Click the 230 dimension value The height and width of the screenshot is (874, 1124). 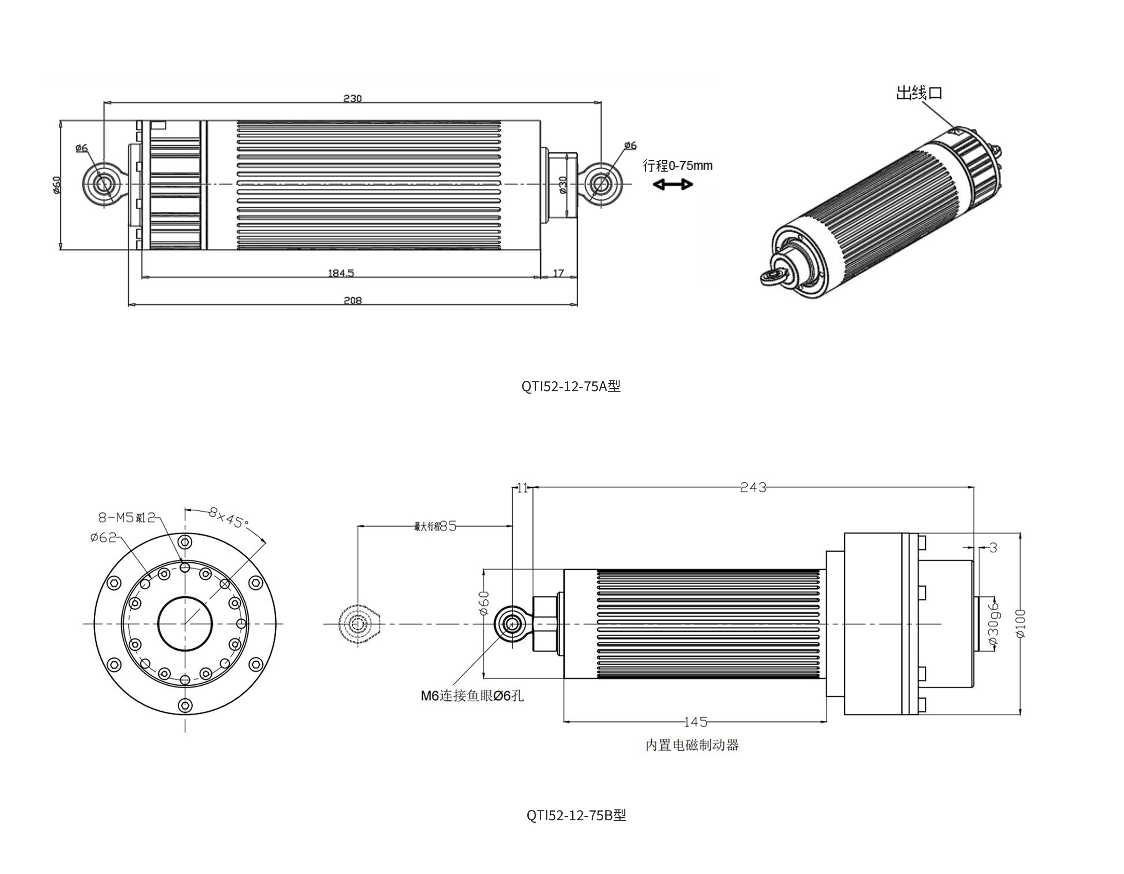pos(353,98)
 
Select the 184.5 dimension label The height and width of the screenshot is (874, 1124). pos(341,273)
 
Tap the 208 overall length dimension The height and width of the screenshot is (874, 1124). pos(353,301)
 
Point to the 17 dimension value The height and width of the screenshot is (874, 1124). pos(558,273)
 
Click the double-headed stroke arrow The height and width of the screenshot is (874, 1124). pos(673,184)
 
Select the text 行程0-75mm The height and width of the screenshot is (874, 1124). pos(677,166)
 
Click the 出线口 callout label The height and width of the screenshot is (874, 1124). pos(919,93)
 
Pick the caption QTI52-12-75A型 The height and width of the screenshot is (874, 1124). pos(571,386)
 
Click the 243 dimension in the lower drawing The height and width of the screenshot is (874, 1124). pos(753,487)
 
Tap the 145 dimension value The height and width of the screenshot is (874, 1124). pos(695,722)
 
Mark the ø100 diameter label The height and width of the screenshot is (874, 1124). pos(1021,623)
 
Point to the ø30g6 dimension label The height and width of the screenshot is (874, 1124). pos(993,623)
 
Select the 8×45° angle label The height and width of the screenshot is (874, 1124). pos(229,518)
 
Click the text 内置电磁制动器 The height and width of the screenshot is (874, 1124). pos(692,745)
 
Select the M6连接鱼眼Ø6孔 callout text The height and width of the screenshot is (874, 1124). pos(472,696)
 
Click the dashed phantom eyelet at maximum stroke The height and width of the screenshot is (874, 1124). pos(358,624)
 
